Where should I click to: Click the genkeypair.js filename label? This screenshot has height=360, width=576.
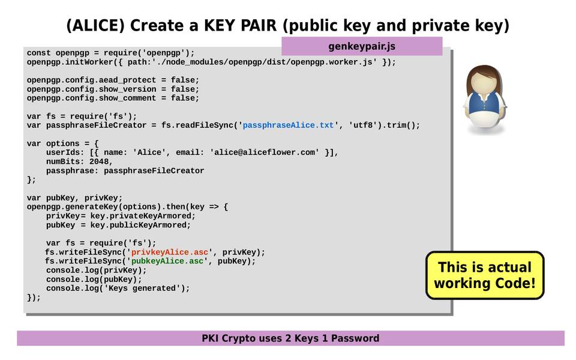click(x=361, y=46)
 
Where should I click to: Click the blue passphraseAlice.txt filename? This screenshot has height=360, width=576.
click(x=288, y=125)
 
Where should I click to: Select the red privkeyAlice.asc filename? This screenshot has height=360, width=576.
click(x=170, y=252)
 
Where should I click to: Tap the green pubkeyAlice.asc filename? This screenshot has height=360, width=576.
click(x=167, y=261)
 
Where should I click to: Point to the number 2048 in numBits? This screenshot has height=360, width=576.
click(x=101, y=161)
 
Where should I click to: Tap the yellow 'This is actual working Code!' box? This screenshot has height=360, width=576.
click(x=484, y=275)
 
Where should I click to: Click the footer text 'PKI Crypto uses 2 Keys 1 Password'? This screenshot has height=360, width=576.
click(x=290, y=338)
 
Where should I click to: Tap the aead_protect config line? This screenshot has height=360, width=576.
click(x=113, y=80)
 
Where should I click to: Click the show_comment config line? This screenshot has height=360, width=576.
click(x=113, y=98)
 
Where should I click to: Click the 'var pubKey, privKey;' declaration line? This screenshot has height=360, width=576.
click(x=74, y=197)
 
